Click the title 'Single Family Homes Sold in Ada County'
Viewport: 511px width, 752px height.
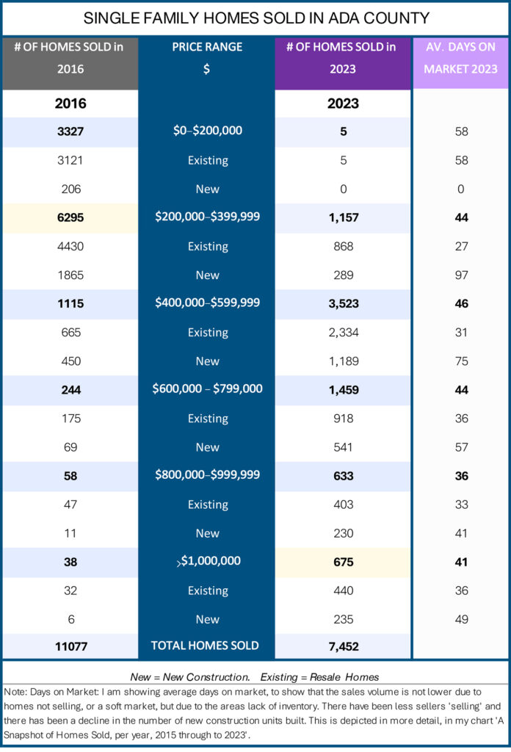(256, 18)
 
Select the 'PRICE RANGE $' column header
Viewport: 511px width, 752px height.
(207, 58)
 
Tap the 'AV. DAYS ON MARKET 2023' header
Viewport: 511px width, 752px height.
(460, 58)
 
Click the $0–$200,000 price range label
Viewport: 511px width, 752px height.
(208, 131)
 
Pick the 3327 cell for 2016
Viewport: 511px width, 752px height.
(70, 131)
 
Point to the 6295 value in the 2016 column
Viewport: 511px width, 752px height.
(70, 217)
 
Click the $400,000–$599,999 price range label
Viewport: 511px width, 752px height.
(208, 303)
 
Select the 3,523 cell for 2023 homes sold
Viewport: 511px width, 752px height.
(344, 303)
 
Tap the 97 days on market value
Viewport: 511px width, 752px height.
(461, 275)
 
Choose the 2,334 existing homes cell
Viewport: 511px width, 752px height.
(344, 333)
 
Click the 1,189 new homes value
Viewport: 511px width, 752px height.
(344, 361)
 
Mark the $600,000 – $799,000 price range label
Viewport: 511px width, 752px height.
(208, 388)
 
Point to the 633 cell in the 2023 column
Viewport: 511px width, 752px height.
(344, 476)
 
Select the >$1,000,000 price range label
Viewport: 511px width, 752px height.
(209, 561)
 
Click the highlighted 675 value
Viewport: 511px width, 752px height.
(344, 562)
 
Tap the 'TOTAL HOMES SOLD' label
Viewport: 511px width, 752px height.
(205, 646)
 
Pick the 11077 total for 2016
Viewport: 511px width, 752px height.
(71, 646)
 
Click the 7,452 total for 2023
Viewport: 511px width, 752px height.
(344, 646)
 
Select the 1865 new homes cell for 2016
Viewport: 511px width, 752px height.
(70, 275)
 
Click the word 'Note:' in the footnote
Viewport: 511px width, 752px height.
(15, 692)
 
